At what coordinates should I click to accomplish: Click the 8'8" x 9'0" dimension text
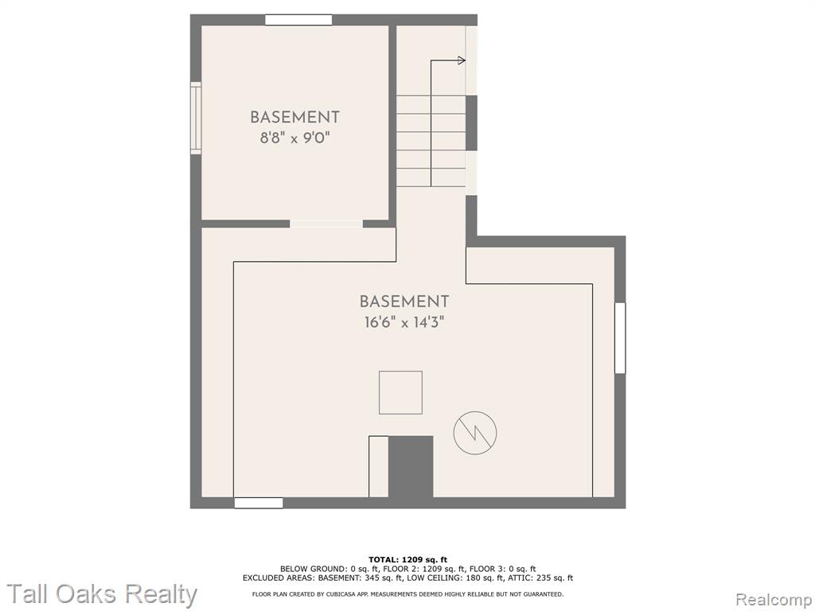[295, 138]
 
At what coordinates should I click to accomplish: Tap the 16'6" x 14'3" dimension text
[404, 323]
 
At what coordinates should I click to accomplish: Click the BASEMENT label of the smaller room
[294, 117]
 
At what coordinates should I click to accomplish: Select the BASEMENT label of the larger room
[404, 302]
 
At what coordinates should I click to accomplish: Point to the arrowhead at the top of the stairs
[462, 60]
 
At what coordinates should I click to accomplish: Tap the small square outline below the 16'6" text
[400, 393]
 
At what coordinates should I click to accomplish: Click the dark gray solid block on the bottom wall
[411, 466]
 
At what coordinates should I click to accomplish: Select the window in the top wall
[298, 20]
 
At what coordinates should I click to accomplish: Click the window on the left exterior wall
[196, 118]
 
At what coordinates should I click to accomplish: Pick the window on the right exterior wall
[620, 337]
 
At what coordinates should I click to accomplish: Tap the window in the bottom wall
[259, 503]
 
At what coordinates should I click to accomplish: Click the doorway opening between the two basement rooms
[326, 224]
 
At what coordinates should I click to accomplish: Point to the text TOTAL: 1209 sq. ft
[407, 559]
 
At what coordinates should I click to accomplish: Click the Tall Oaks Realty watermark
[102, 594]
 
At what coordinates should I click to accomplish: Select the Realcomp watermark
[774, 600]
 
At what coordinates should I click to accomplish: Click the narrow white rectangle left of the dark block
[378, 466]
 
